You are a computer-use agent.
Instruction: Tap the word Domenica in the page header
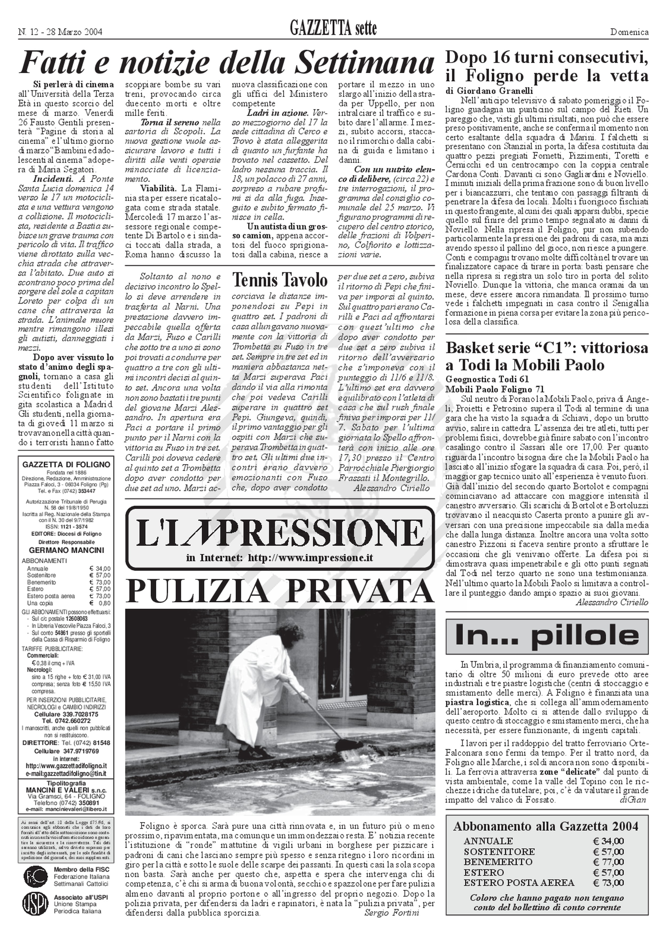[x=629, y=32]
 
